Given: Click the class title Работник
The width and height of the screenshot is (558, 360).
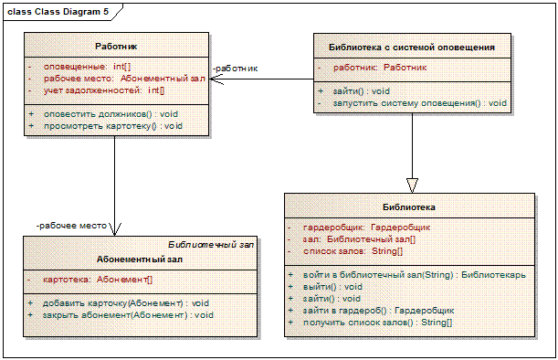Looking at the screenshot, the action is click(x=116, y=47).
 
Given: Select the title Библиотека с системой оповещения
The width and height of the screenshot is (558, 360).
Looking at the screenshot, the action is click(x=412, y=48).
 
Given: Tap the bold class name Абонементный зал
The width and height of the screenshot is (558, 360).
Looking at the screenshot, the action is click(x=140, y=259).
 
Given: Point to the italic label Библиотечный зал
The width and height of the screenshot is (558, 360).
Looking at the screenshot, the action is click(x=211, y=245).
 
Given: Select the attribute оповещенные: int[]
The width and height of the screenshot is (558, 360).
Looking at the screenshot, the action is click(x=87, y=67).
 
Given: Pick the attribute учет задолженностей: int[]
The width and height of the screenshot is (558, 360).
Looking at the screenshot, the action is click(x=104, y=90).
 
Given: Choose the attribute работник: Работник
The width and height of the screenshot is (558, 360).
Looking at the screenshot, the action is click(x=380, y=68).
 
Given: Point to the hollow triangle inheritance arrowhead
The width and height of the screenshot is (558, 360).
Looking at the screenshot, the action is click(x=412, y=185).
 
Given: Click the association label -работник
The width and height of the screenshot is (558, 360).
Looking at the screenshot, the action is click(x=235, y=69).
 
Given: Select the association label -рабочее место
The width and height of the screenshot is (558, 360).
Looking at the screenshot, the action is click(x=71, y=226).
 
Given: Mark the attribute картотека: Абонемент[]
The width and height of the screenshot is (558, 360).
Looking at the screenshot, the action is click(x=98, y=280).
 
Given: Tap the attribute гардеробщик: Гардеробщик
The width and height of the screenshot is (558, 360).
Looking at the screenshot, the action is click(x=366, y=228).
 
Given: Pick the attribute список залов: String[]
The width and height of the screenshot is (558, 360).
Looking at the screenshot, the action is click(x=353, y=251).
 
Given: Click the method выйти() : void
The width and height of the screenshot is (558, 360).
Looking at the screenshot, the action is click(x=332, y=287).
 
